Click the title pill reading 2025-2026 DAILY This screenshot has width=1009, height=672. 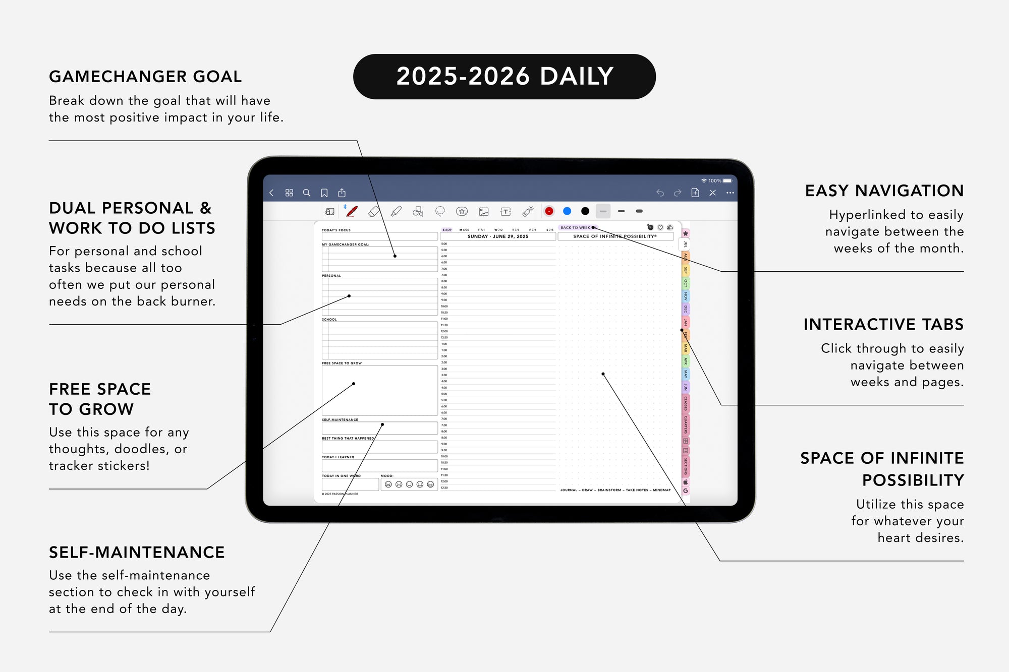click(x=504, y=77)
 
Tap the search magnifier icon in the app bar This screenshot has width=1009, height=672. click(x=306, y=193)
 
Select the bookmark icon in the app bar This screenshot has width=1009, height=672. click(x=324, y=193)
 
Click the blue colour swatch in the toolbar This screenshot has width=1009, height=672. click(x=567, y=211)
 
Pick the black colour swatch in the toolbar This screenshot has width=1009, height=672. click(x=585, y=211)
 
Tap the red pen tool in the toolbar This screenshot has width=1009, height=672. click(x=352, y=211)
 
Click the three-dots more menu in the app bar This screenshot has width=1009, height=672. click(x=730, y=193)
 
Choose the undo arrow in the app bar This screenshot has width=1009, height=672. click(x=660, y=193)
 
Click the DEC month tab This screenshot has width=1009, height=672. click(x=686, y=309)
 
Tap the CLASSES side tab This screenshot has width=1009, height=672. click(x=686, y=403)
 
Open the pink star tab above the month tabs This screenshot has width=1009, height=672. click(x=686, y=233)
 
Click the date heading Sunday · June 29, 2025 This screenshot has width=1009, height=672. click(x=497, y=236)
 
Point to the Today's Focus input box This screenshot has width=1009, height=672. click(x=379, y=236)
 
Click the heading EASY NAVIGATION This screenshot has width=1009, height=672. click(x=884, y=191)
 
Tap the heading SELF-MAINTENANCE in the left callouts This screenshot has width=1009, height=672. click(x=137, y=553)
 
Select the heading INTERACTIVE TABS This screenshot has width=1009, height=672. click(x=883, y=325)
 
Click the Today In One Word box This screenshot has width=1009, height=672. click(x=350, y=484)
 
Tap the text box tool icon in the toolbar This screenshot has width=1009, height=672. click(x=506, y=212)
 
